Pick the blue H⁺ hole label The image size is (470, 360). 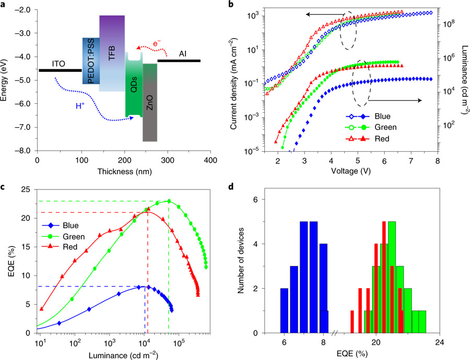(79, 105)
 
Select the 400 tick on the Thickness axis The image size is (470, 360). (210, 159)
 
